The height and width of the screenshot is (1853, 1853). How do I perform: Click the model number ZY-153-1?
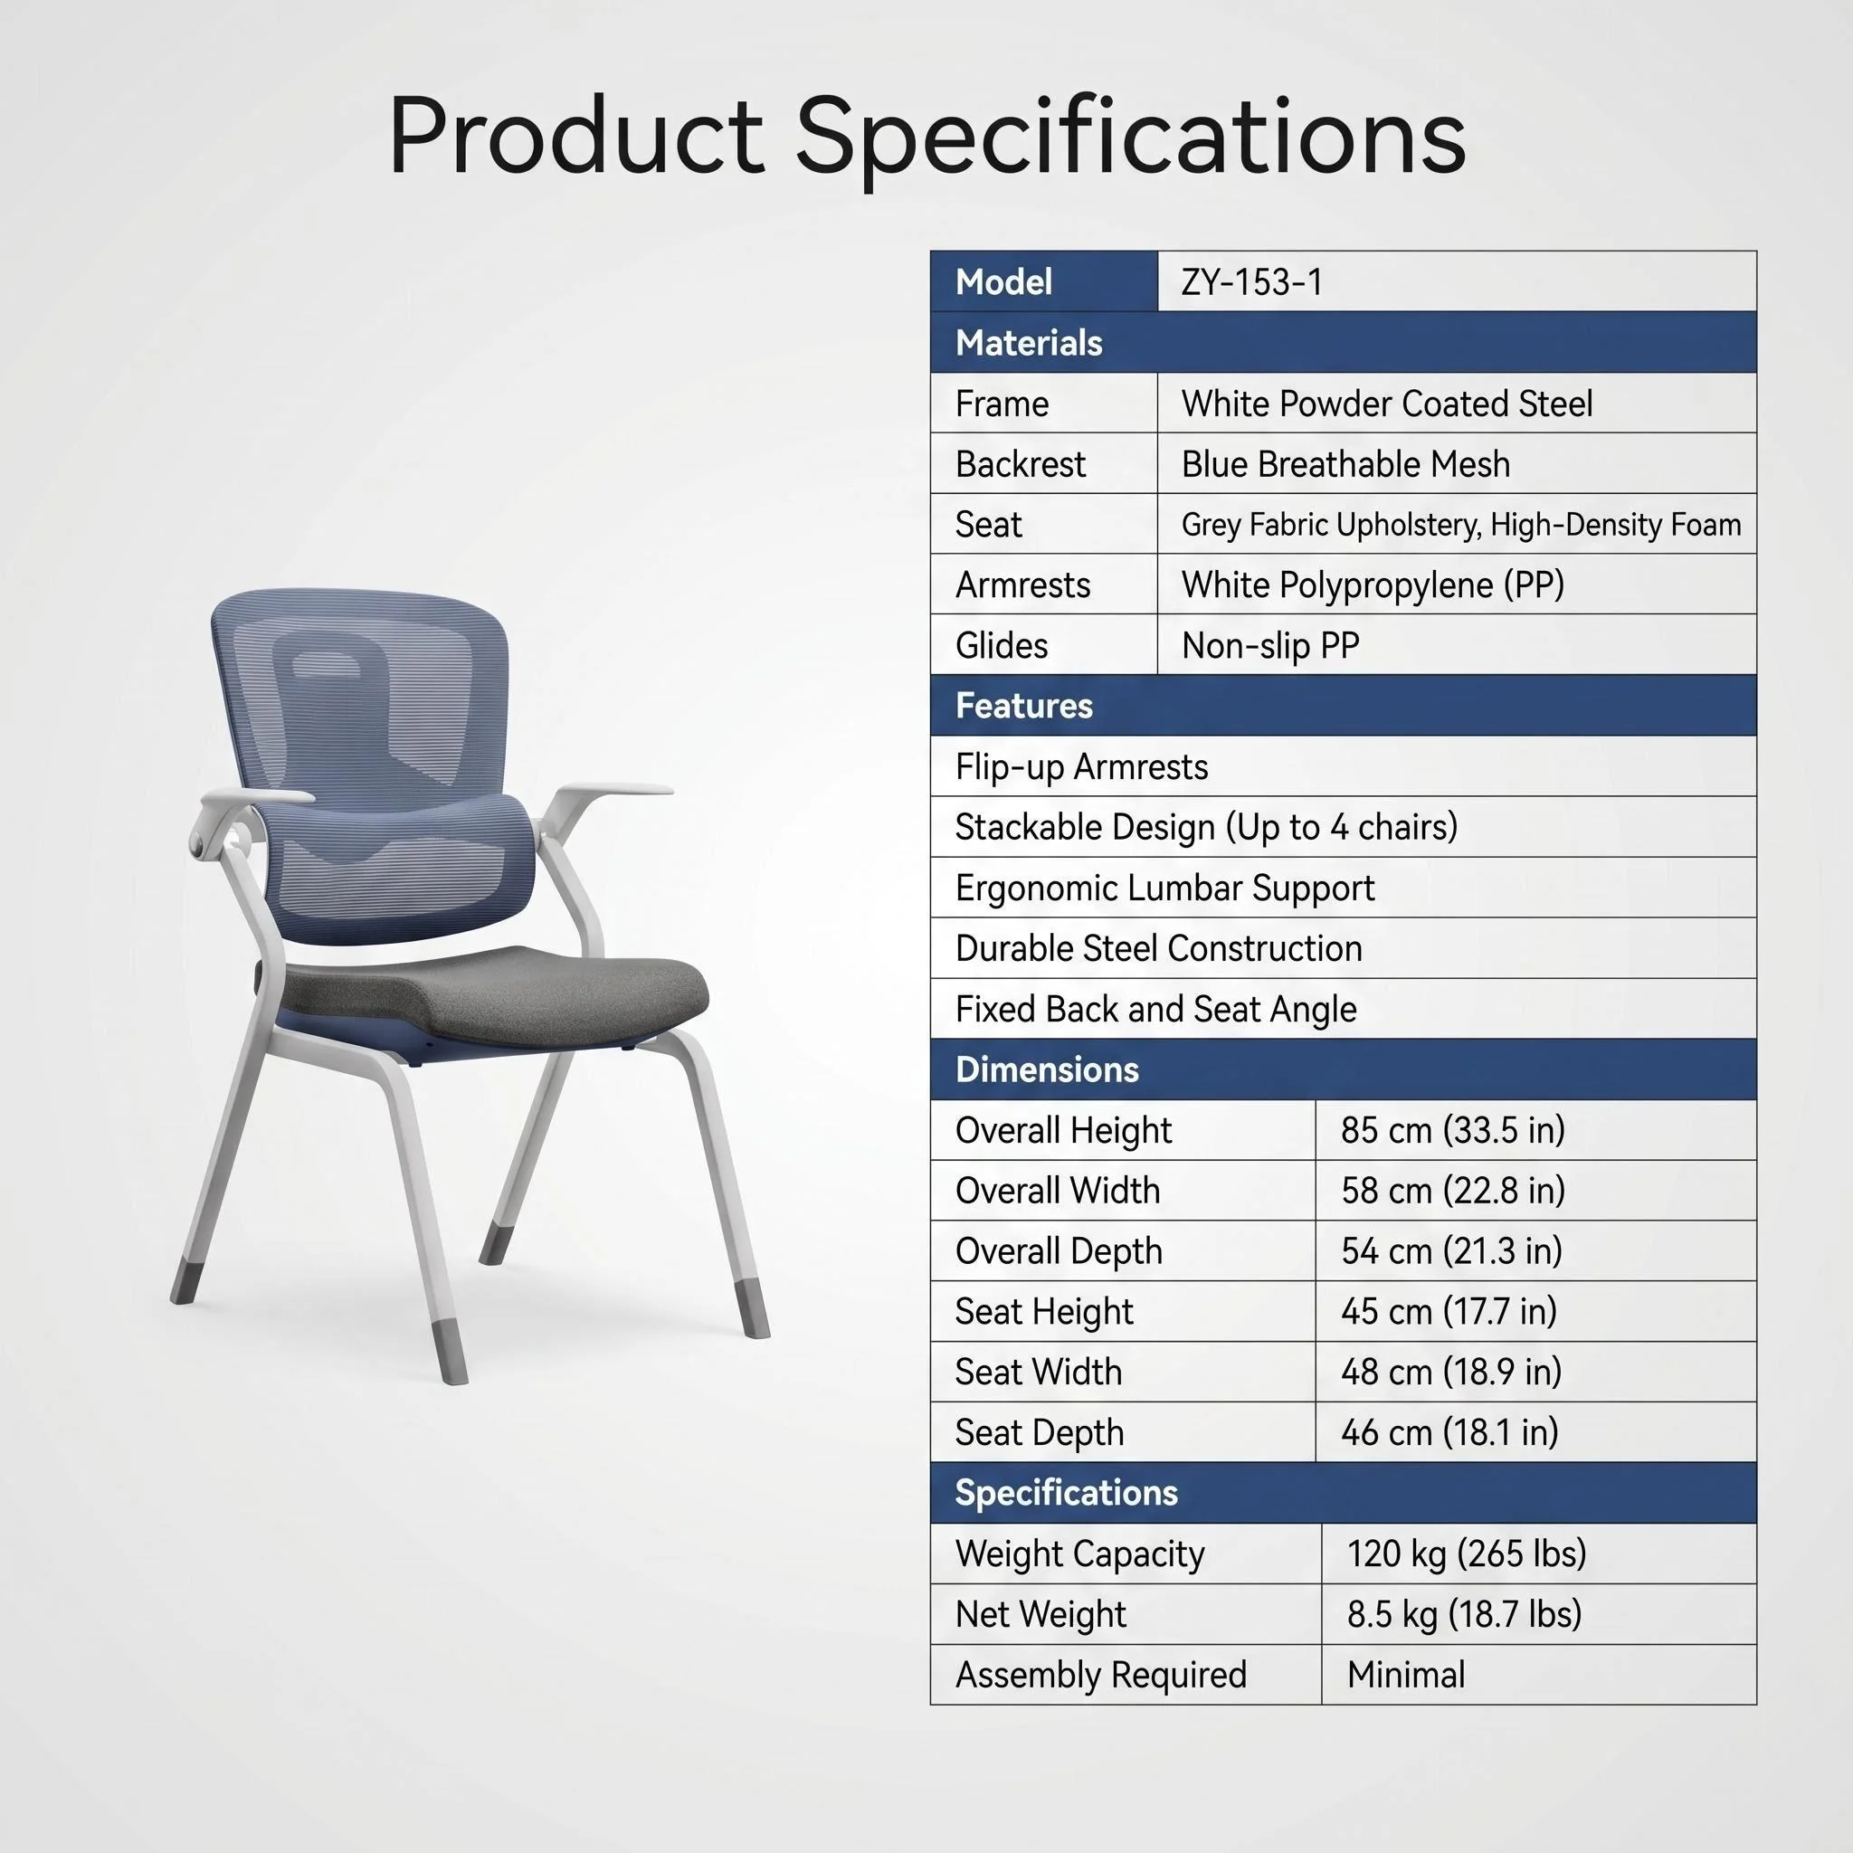pos(1251,282)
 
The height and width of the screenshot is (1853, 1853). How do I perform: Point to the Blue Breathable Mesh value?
pos(1345,464)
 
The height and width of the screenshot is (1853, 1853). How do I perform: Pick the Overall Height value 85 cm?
pos(1452,1130)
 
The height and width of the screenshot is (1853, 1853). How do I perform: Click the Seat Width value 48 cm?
pos(1450,1372)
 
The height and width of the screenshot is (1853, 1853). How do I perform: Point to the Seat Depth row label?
pos(1039,1433)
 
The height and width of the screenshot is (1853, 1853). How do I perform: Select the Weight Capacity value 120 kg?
pos(1467,1554)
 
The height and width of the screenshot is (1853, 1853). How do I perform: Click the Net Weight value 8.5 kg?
pos(1464,1614)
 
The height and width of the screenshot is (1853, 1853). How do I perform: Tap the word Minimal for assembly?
pos(1406,1675)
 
